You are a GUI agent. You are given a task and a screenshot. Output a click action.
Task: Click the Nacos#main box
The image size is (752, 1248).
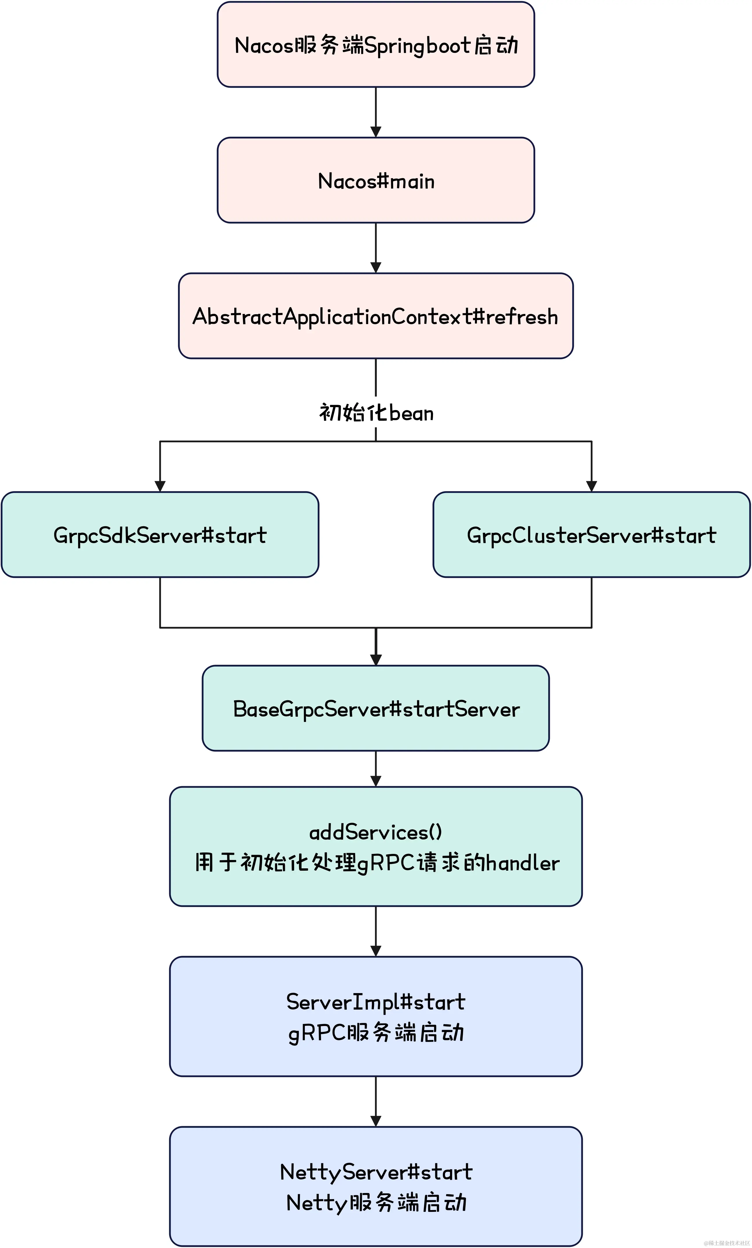click(376, 180)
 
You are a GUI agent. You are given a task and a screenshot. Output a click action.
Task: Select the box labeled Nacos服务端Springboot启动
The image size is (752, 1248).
click(376, 45)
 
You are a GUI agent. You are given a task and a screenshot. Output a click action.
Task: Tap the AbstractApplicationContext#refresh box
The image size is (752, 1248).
click(376, 316)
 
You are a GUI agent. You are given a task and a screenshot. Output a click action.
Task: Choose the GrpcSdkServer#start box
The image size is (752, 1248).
click(160, 534)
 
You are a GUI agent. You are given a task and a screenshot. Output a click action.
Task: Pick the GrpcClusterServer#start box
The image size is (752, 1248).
click(591, 534)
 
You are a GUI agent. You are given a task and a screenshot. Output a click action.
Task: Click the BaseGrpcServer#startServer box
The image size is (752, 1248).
click(376, 708)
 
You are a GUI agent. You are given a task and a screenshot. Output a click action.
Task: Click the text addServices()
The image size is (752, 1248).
click(376, 832)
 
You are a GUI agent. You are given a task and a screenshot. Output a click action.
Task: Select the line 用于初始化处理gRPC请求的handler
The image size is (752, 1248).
click(377, 863)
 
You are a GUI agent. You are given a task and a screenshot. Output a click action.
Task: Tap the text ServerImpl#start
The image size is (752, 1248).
click(376, 1002)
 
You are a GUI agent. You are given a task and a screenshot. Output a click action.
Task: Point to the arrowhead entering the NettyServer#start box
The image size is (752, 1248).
click(376, 1121)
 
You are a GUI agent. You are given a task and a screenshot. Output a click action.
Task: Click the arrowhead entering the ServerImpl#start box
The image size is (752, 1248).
click(376, 951)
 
